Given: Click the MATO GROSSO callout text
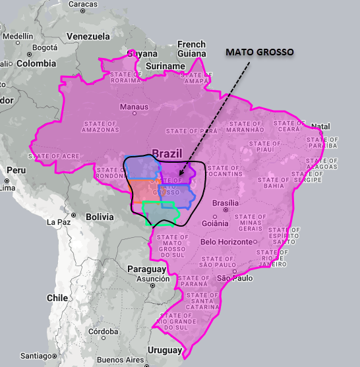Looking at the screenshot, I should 260,51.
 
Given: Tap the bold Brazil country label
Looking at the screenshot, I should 167,154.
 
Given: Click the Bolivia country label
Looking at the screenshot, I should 100,217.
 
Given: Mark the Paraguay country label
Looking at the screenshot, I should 146,269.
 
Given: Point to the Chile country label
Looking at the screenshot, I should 57,298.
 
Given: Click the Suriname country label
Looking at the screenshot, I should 165,67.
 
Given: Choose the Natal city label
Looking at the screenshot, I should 320,127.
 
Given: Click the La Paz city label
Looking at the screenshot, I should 59,223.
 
